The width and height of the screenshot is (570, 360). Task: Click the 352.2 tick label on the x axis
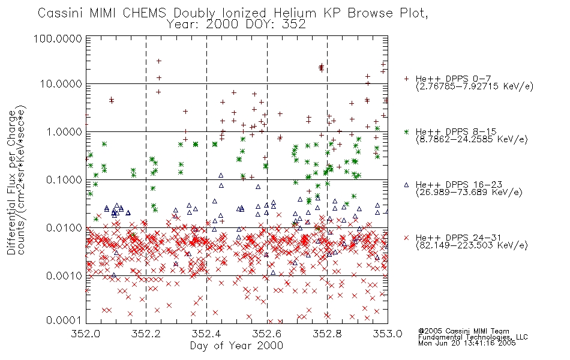(x=146, y=334)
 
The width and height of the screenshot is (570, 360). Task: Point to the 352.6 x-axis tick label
(x=267, y=334)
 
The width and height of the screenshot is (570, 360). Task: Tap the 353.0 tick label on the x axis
(x=388, y=334)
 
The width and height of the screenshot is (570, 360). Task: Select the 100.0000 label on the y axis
(x=58, y=38)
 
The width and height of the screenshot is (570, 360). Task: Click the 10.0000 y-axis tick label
(x=61, y=84)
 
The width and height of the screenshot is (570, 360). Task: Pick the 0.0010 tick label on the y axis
(x=64, y=276)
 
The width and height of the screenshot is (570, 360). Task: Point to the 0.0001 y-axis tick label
(x=64, y=320)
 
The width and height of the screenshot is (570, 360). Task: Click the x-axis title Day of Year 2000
(x=236, y=346)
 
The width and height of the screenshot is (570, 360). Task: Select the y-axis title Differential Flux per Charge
(x=11, y=182)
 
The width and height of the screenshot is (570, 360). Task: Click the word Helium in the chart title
(x=295, y=13)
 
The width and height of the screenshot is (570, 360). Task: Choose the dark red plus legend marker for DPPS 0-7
(x=406, y=79)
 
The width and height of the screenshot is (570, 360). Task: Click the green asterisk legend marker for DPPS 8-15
(x=406, y=132)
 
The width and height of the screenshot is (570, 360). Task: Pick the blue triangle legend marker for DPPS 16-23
(x=406, y=185)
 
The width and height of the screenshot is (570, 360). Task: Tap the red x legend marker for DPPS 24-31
(x=406, y=238)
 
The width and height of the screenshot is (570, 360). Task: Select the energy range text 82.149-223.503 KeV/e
(x=472, y=245)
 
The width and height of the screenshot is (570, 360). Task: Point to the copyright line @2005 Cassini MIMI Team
(x=463, y=331)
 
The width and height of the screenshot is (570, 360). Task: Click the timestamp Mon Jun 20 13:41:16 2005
(x=467, y=343)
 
